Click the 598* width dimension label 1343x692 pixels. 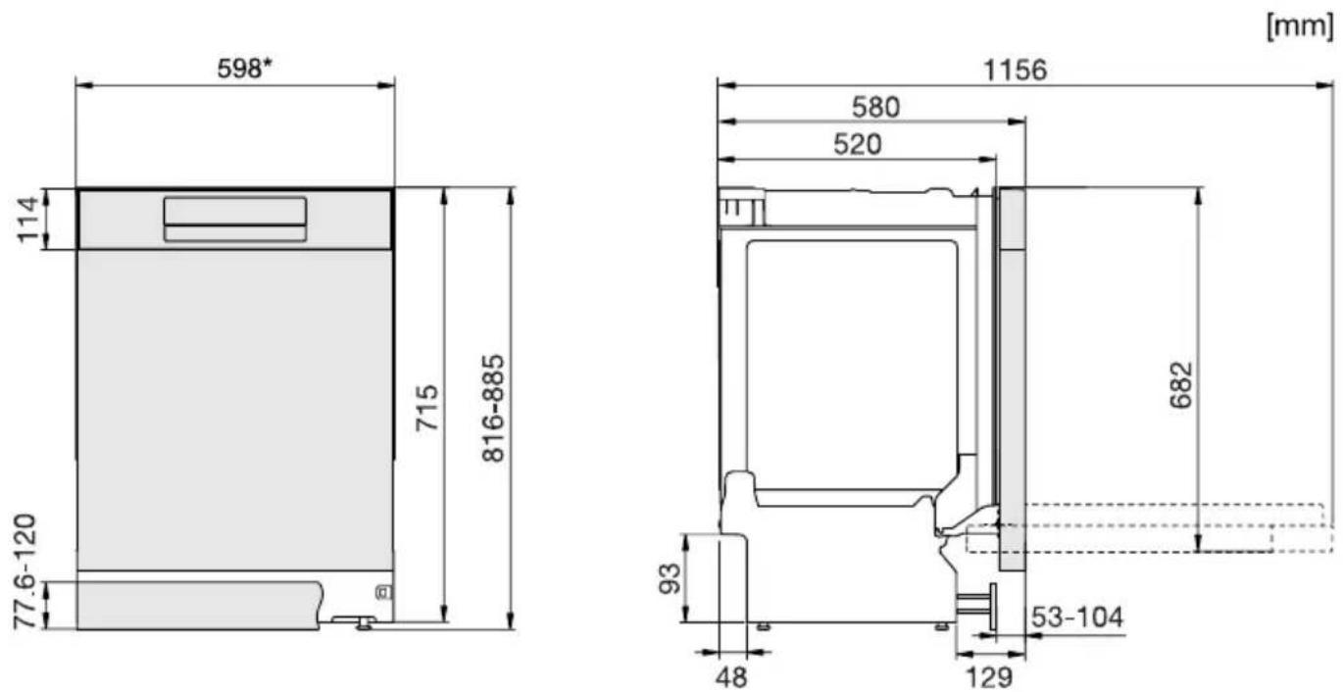pos(244,68)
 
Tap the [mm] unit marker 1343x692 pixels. pos(1300,25)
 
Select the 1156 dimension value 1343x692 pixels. pos(1015,71)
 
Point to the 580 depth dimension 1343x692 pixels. pos(876,108)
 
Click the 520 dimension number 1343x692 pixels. pos(858,144)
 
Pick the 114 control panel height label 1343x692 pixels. pos(27,220)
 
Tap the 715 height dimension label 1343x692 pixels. pos(426,408)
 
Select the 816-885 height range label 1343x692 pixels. pos(493,409)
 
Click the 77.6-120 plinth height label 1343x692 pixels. pos(25,570)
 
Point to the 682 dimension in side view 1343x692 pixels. pos(1181,385)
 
